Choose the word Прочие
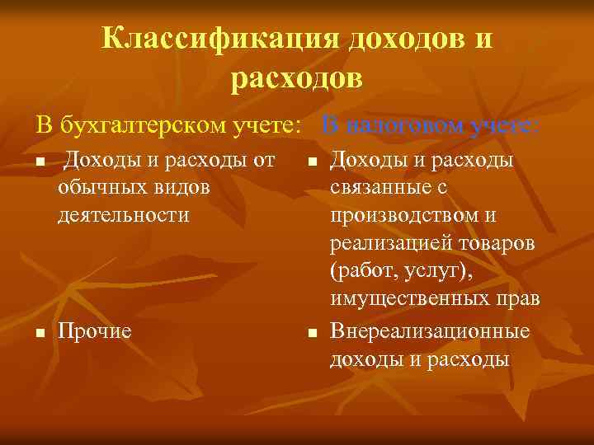[95, 331]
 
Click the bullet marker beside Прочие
[39, 333]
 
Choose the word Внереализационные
[429, 331]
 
